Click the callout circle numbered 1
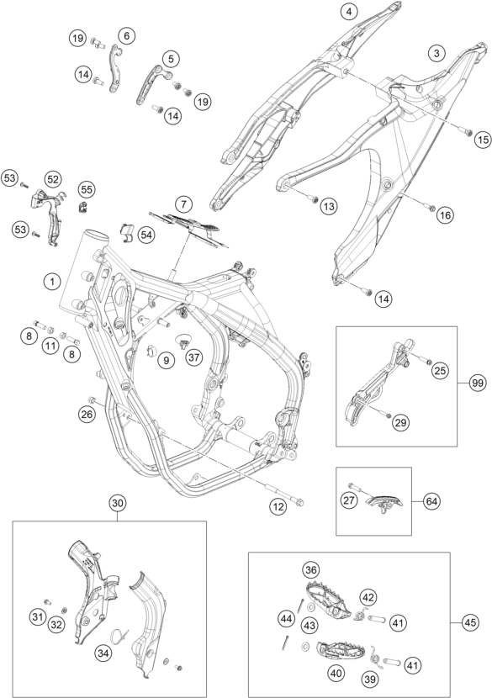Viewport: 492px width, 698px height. (52, 282)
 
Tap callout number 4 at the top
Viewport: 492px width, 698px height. (349, 12)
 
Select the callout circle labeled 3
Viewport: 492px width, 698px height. (436, 54)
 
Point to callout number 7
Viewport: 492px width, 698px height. (183, 204)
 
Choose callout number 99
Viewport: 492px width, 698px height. (478, 383)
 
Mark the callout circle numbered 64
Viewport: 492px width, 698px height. (431, 502)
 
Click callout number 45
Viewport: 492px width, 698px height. (470, 623)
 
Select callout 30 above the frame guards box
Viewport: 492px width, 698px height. (118, 504)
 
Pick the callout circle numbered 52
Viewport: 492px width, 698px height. (53, 179)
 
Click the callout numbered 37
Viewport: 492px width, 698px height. (194, 357)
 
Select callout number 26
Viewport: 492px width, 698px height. (87, 415)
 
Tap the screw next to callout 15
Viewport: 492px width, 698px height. (467, 132)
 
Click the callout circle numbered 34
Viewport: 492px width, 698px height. (103, 653)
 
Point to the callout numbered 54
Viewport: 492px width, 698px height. (145, 234)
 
